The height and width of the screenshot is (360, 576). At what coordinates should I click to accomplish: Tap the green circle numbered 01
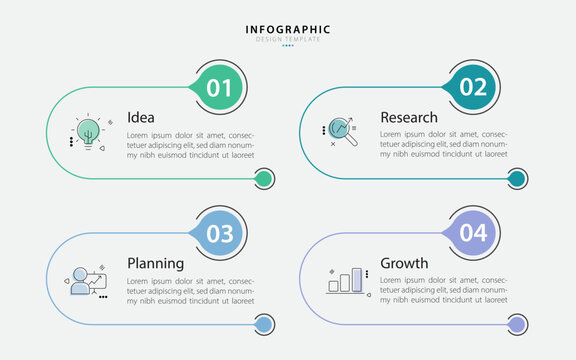219,88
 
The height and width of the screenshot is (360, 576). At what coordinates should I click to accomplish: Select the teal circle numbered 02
473,88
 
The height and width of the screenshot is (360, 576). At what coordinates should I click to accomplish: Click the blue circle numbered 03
219,234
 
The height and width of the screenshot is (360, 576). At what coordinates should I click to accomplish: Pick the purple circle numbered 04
473,234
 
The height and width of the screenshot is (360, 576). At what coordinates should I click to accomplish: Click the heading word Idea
140,117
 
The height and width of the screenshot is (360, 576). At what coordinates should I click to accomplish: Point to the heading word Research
408,117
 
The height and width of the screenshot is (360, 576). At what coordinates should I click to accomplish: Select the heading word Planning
155,263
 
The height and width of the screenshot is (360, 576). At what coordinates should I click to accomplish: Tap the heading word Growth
404,263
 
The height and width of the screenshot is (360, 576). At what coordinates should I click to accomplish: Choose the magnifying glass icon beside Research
342,130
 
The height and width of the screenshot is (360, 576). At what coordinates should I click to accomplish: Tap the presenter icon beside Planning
86,280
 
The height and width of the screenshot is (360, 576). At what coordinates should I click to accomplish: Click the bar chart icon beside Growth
345,279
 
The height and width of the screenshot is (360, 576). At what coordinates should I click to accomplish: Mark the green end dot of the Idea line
263,179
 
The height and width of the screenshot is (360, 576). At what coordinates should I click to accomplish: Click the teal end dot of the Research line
517,179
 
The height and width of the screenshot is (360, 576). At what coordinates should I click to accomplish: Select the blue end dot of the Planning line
263,325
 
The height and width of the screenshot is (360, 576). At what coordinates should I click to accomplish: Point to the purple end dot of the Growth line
517,325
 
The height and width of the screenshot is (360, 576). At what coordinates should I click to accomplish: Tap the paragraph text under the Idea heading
190,144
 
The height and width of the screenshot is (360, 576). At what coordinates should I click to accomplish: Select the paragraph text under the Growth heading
444,290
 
